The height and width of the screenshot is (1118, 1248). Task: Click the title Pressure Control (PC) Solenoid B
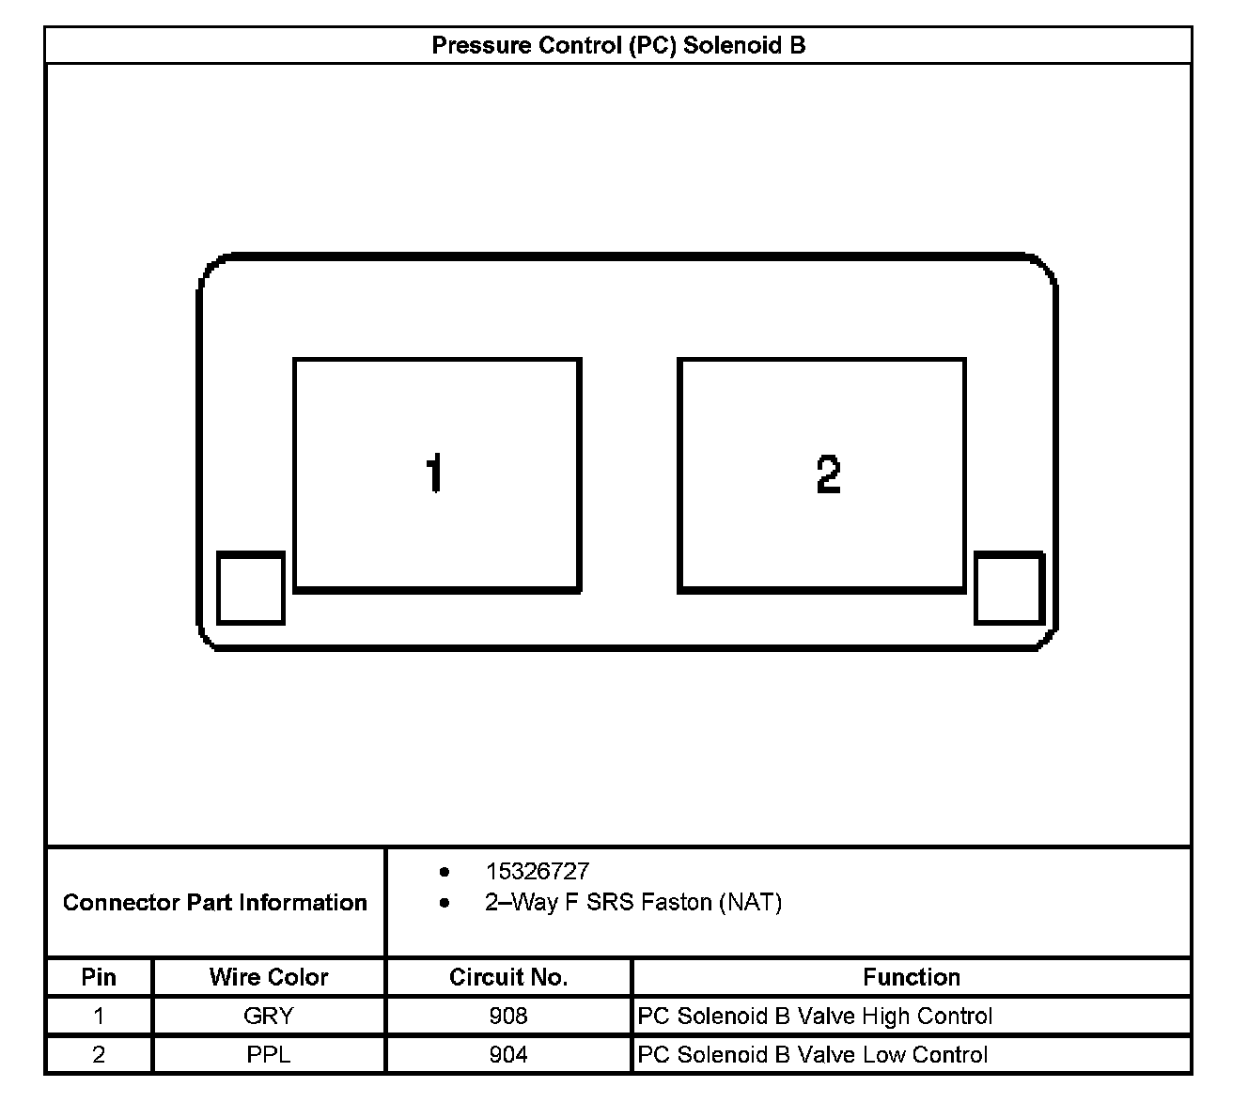point(618,45)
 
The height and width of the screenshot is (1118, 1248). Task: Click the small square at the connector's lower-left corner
point(251,587)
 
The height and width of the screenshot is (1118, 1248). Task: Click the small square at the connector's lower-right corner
point(1008,587)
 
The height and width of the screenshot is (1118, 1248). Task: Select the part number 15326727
point(538,871)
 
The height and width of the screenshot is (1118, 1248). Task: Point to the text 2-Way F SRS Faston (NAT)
point(633,903)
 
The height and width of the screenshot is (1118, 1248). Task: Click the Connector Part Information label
point(215,903)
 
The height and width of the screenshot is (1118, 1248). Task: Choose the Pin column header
point(99,977)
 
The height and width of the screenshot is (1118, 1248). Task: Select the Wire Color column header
point(269,977)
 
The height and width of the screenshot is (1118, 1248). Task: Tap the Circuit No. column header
point(508,977)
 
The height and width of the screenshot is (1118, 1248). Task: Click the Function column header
point(912,977)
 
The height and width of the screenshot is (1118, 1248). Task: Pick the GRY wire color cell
point(269,1016)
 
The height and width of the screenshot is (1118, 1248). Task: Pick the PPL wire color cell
point(269,1054)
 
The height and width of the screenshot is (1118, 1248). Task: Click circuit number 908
point(508,1016)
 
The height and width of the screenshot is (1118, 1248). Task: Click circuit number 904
point(508,1054)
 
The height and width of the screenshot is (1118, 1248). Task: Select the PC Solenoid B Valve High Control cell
point(815,1016)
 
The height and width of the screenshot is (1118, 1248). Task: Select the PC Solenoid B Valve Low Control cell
point(813,1054)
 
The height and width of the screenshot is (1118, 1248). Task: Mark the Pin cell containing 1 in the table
point(99,1016)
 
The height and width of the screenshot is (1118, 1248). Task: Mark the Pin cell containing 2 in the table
point(99,1054)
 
